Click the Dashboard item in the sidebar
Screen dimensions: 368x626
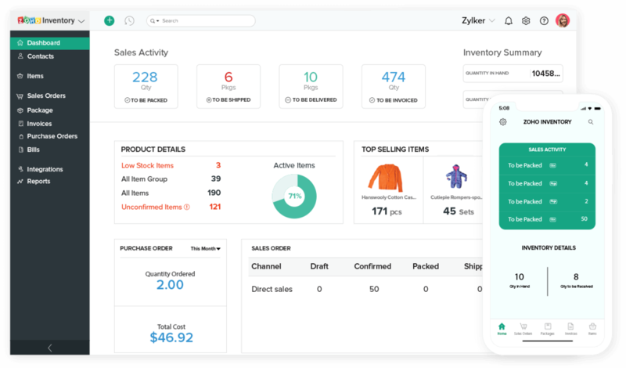(43, 43)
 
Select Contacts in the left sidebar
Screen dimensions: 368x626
(40, 56)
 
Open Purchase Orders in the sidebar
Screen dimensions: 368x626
(52, 136)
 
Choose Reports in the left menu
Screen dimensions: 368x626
(38, 181)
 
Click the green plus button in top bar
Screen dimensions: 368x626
(109, 20)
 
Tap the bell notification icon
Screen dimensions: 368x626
(509, 20)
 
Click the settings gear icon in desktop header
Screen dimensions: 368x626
(527, 20)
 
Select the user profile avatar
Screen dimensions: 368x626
(563, 20)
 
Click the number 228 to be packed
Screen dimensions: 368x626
(145, 77)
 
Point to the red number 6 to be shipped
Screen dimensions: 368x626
(228, 77)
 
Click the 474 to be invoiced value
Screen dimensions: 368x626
(393, 77)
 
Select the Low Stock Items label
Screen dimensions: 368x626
(147, 165)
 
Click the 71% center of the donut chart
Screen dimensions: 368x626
(294, 197)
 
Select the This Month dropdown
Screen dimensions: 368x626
(205, 248)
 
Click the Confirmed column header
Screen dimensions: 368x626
(372, 266)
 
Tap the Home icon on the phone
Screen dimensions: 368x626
(502, 327)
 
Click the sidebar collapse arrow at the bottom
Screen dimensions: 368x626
(49, 348)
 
